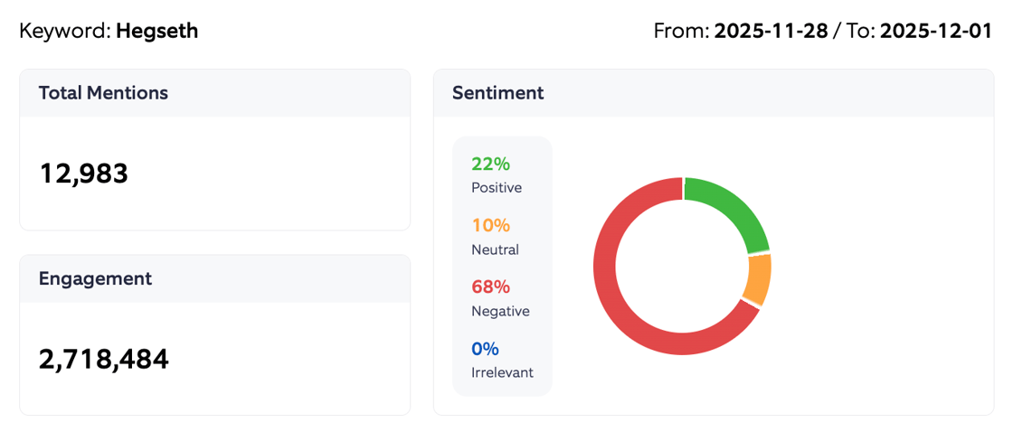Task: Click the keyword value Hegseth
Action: tap(156, 31)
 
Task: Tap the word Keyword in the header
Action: tap(62, 31)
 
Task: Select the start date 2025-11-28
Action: tap(771, 31)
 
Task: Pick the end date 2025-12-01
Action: tap(936, 31)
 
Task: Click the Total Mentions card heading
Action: tap(103, 92)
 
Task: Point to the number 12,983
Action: tap(83, 173)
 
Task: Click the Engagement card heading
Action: tap(95, 278)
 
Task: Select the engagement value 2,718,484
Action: tap(103, 359)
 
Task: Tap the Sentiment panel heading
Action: tap(497, 92)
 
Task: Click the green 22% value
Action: tap(490, 164)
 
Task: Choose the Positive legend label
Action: tap(497, 188)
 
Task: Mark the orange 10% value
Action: tap(490, 225)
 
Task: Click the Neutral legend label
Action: tap(495, 249)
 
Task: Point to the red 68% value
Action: tap(490, 286)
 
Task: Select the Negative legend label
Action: tap(500, 311)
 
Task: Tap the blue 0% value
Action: tap(485, 348)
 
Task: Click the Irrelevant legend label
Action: tap(502, 372)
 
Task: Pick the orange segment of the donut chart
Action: tap(758, 279)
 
